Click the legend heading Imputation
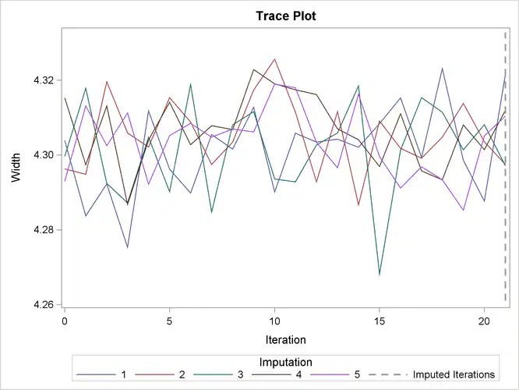click(286, 361)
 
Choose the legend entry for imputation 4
click(320, 375)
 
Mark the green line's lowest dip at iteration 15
click(380, 275)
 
